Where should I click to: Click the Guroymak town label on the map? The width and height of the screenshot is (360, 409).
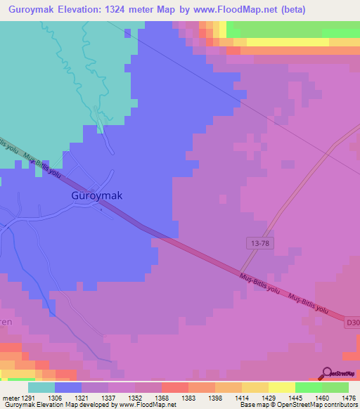point(97,196)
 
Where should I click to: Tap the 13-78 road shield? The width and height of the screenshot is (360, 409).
point(258,242)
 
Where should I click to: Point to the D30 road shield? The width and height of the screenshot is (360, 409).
point(353,323)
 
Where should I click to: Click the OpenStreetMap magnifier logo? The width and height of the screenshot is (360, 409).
point(327,374)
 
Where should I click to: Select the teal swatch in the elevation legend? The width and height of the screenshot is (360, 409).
point(41,387)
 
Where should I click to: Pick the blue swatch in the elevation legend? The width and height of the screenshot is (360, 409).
point(67,387)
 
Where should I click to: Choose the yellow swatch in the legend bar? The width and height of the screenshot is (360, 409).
point(281,387)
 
